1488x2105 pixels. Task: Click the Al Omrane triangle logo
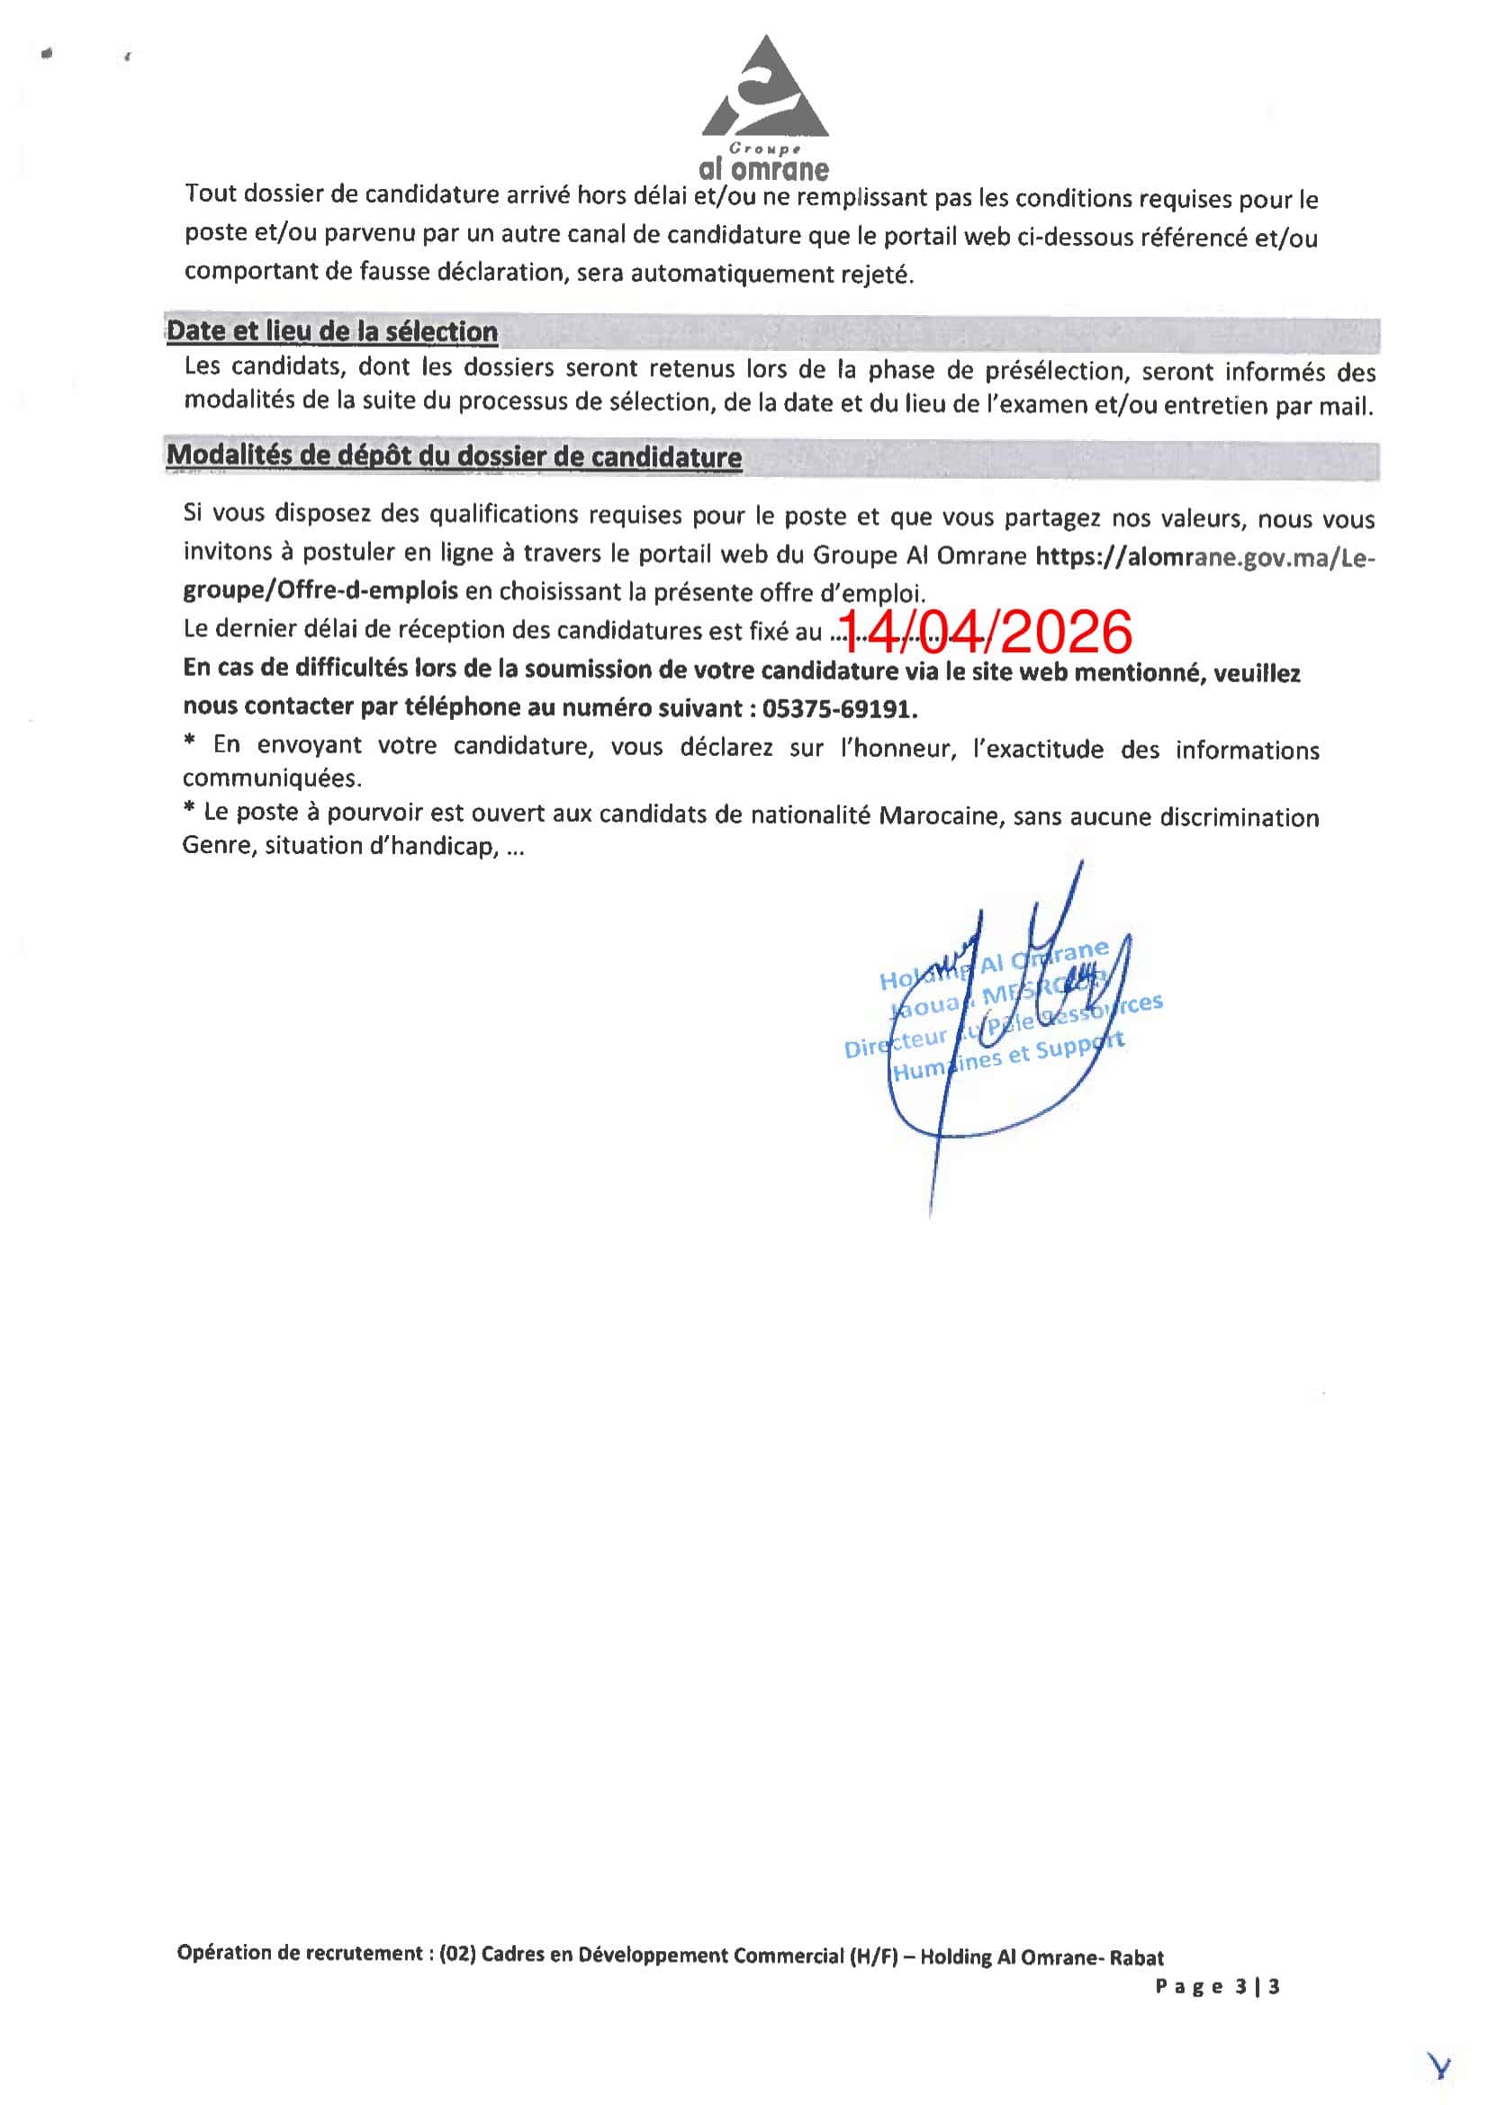click(764, 88)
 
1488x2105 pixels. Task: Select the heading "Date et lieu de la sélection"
click(332, 332)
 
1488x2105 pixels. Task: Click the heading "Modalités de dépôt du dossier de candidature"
click(454, 456)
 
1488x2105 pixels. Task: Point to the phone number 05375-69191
click(839, 708)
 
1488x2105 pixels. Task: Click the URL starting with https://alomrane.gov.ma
click(1204, 556)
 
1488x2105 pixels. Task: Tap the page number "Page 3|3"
click(1217, 1986)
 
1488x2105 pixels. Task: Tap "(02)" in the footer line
click(455, 1953)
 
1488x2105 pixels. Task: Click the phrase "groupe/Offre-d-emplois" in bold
click(320, 590)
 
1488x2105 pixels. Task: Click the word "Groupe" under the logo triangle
click(763, 148)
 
